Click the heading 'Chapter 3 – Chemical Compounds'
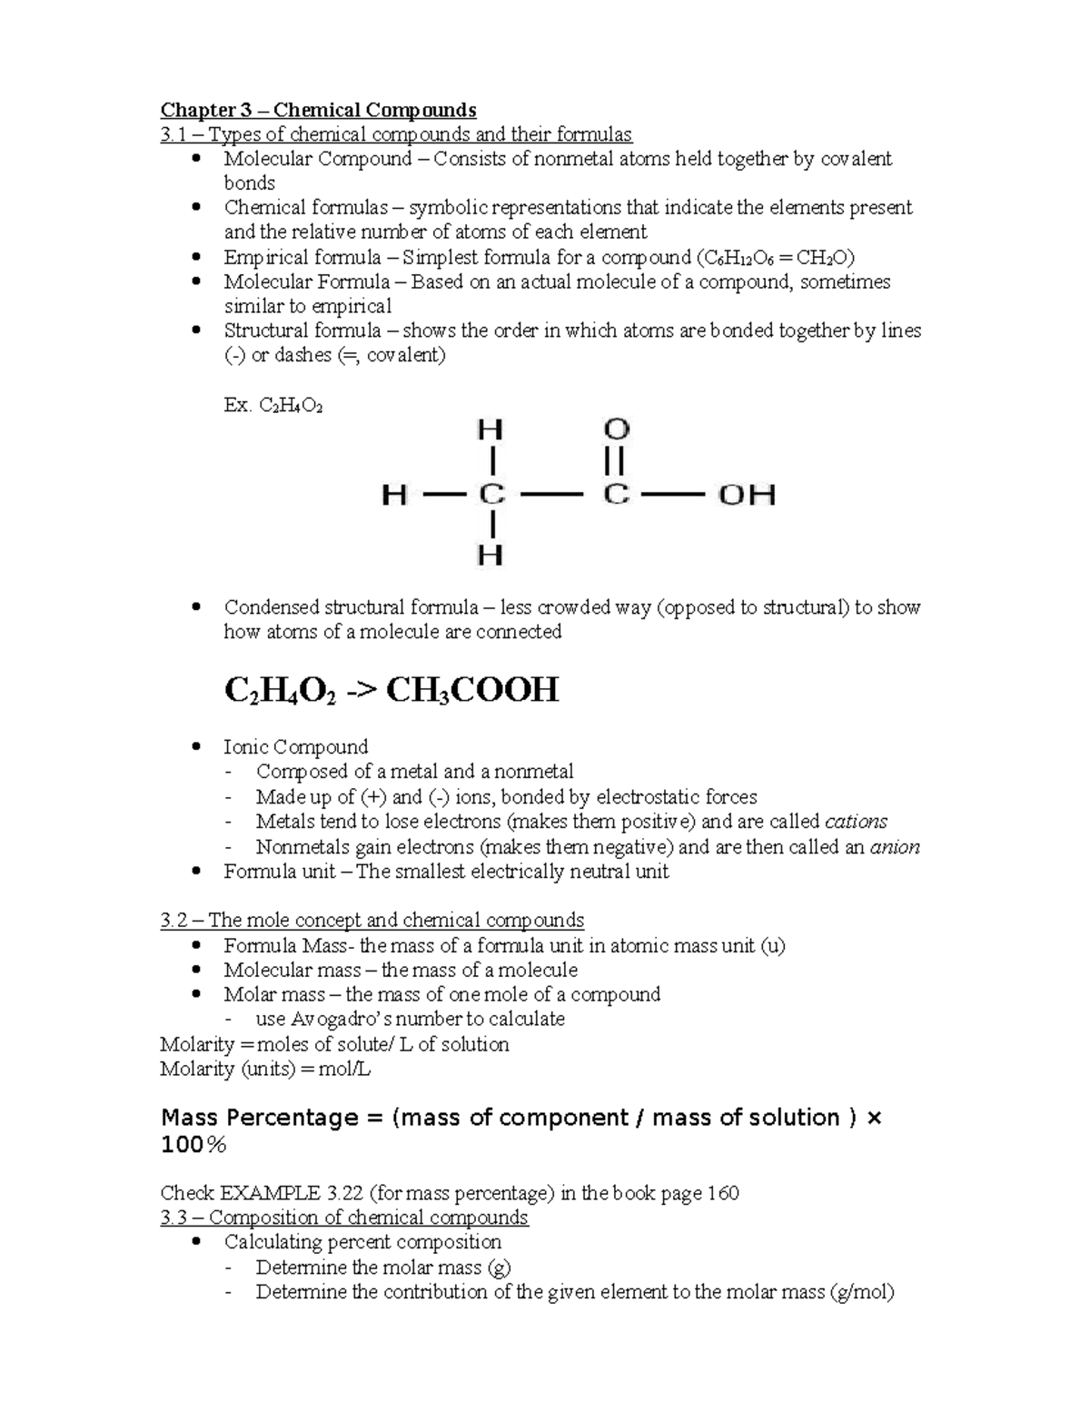point(318,110)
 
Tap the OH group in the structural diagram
point(747,496)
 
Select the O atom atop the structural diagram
point(617,429)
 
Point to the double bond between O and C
point(616,461)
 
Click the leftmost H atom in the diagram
point(393,496)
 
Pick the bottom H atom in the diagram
point(490,555)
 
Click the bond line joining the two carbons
point(553,496)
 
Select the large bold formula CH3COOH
point(472,690)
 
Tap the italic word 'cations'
point(856,822)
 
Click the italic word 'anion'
point(895,847)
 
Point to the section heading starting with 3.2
point(372,920)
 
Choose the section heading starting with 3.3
point(343,1217)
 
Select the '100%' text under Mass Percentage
point(193,1146)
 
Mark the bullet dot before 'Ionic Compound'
point(197,747)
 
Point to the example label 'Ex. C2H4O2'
point(272,405)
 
